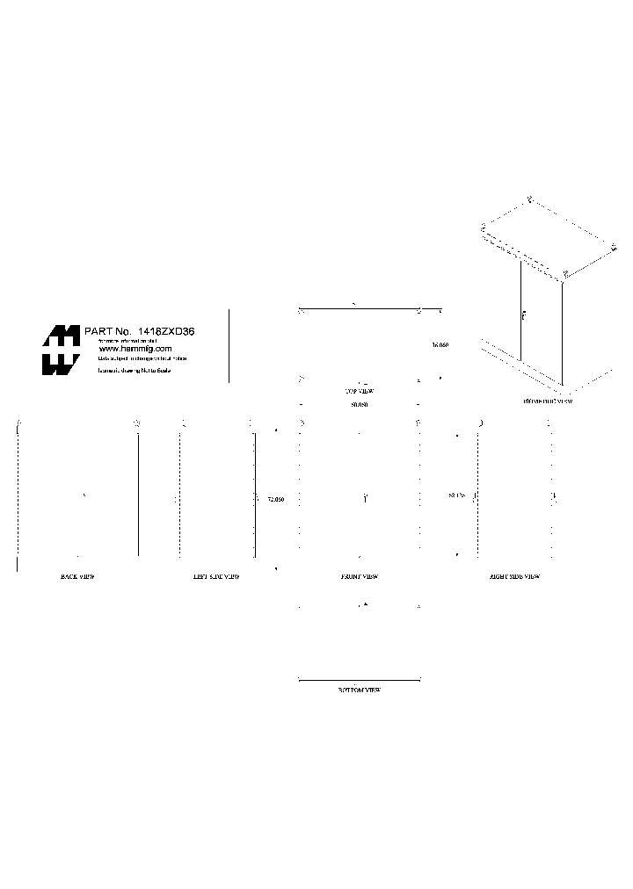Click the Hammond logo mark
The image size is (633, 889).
point(62,350)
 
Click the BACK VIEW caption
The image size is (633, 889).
point(77,577)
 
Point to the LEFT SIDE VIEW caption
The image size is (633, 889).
point(216,577)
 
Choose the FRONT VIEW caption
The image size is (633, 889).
point(359,577)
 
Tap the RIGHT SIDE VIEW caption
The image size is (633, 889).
point(514,577)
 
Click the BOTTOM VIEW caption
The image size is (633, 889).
point(360,690)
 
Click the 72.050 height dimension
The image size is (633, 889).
point(275,499)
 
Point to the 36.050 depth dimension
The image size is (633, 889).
point(440,346)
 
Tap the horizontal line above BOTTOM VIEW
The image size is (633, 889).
point(360,680)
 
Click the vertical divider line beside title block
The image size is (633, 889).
point(229,345)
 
